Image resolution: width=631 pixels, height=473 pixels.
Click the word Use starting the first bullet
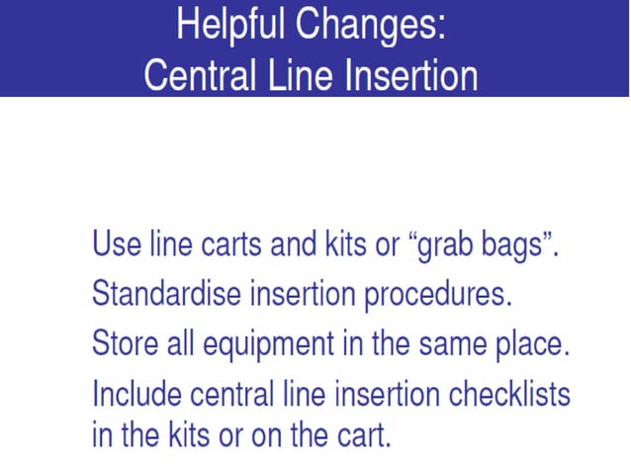tap(112, 243)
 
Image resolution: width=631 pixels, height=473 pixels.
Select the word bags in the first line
tap(516, 245)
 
